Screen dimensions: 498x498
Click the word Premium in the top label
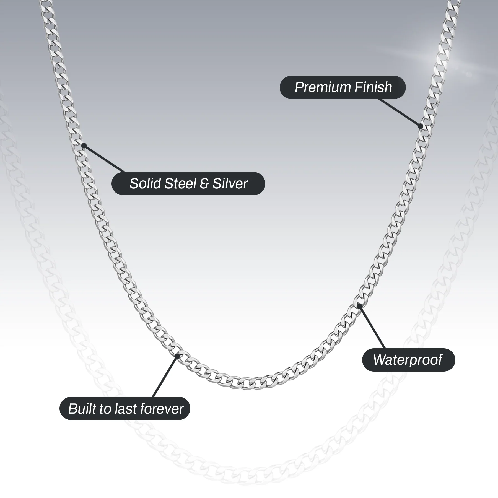[323, 87]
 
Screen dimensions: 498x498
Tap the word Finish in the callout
[373, 87]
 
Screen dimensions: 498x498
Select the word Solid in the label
[145, 183]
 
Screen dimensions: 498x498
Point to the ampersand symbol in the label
[204, 184]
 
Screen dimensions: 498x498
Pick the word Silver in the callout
[230, 183]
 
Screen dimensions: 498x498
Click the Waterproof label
[408, 360]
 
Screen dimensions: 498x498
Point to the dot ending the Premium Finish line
[420, 126]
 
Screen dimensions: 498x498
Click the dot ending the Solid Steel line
[84, 146]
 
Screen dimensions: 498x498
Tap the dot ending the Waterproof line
[359, 306]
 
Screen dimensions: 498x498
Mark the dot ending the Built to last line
[177, 356]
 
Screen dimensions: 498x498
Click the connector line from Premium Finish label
[399, 112]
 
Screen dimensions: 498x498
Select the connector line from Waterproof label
[372, 327]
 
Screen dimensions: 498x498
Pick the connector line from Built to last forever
[165, 377]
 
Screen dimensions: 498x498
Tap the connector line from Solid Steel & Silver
[105, 159]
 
